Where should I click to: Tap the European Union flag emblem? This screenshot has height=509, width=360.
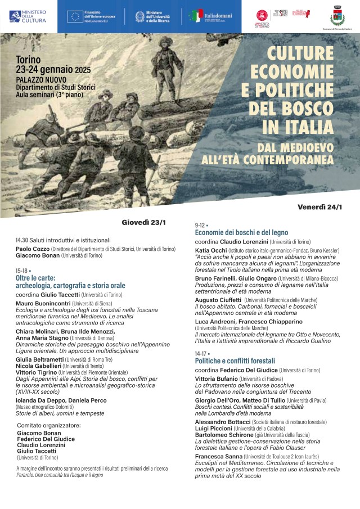[73, 16]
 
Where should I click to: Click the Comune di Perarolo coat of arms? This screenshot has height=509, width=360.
[338, 13]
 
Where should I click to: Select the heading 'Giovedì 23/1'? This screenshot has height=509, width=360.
[144, 222]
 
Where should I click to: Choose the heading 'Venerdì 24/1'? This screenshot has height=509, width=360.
[319, 207]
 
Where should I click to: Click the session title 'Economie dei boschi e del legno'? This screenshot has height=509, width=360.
[241, 232]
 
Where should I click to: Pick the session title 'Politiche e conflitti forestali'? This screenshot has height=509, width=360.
[235, 361]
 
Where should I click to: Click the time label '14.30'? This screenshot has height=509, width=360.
[22, 240]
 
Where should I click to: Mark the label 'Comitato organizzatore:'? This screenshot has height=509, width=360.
[49, 425]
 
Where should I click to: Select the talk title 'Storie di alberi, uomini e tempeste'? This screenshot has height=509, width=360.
[52, 413]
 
